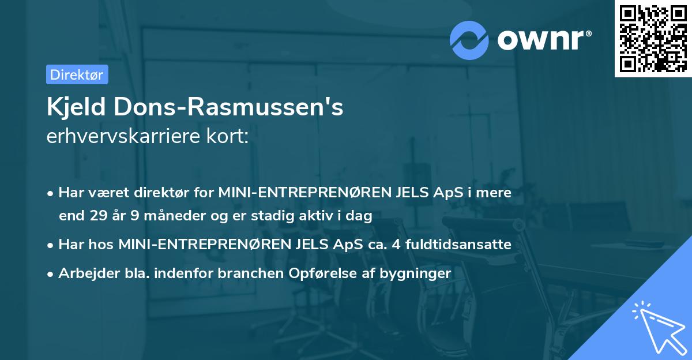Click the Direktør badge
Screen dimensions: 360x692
click(77, 74)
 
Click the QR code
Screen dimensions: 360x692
click(653, 39)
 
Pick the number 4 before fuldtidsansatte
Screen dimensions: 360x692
click(395, 245)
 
